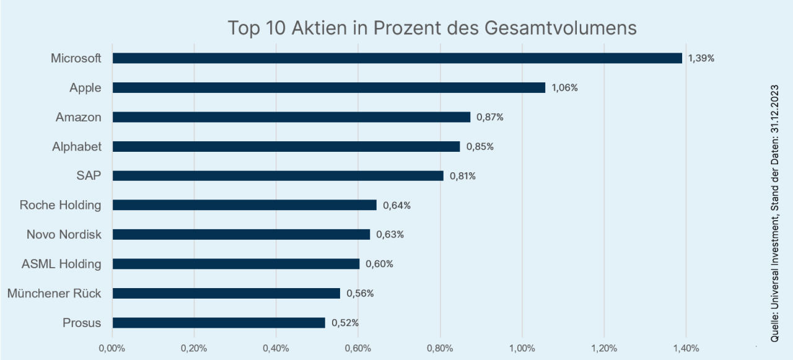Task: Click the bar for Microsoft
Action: point(396,58)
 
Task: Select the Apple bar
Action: point(328,88)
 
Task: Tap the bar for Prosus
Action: point(218,323)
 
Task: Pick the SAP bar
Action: point(278,176)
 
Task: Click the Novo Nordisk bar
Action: point(241,235)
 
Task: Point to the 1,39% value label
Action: point(701,58)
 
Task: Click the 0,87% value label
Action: point(489,117)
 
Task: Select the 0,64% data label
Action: point(396,205)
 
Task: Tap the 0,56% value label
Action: point(360,294)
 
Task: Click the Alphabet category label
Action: point(77,147)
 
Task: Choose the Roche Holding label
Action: point(60,205)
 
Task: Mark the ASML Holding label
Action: point(61,264)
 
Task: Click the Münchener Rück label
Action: point(54,293)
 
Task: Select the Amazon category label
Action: point(78,117)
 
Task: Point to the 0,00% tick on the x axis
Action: point(112,348)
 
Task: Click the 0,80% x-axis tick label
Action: point(440,348)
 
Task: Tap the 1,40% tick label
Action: point(685,348)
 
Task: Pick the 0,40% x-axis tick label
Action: point(276,348)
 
